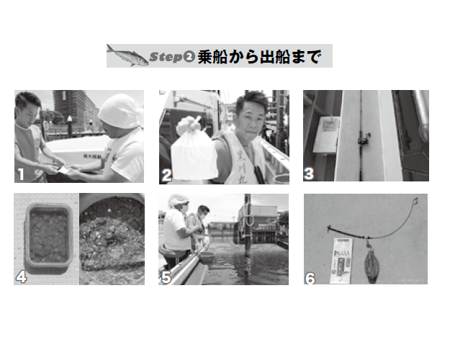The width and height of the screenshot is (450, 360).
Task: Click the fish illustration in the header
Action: [127, 55]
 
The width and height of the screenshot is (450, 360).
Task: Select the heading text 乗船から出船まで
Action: [258, 56]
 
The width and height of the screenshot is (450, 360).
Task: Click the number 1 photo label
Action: [22, 174]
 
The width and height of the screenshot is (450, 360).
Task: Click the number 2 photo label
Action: [166, 174]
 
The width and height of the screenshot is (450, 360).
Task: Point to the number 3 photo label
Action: [310, 174]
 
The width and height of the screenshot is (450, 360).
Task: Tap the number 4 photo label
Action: [22, 276]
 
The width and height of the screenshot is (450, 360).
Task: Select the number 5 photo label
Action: [166, 276]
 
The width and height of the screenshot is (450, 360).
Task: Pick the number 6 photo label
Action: [310, 276]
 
